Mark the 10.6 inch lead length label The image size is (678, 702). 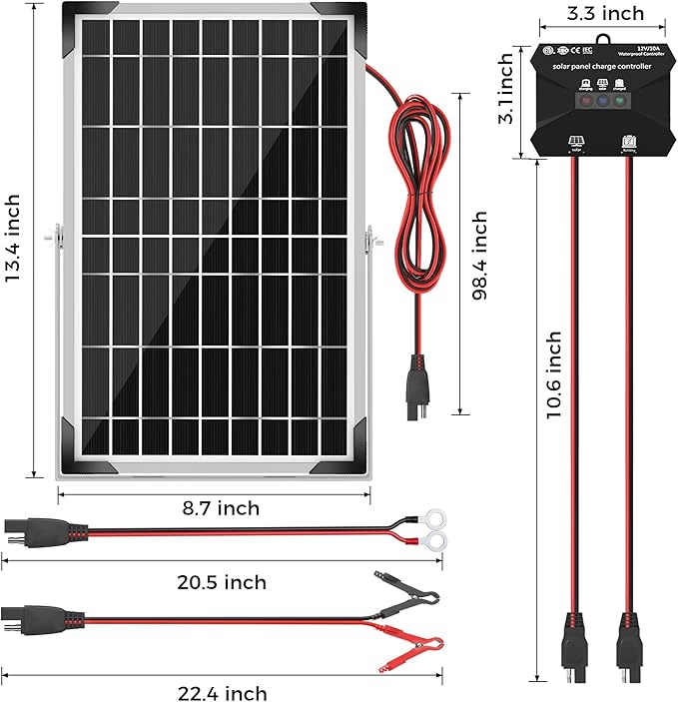[555, 389]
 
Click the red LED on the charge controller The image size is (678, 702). [578, 100]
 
